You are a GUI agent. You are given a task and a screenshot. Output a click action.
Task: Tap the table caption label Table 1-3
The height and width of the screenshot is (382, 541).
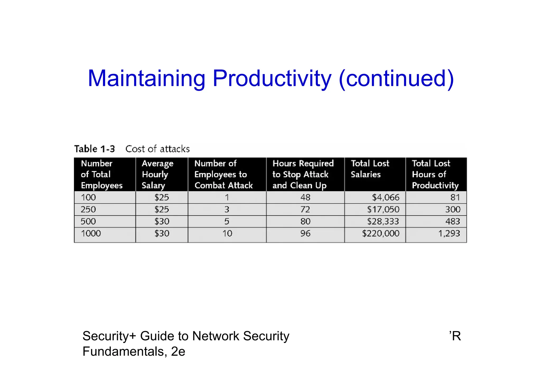click(x=95, y=149)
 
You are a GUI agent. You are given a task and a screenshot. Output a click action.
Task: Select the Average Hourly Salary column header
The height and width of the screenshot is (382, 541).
click(x=157, y=174)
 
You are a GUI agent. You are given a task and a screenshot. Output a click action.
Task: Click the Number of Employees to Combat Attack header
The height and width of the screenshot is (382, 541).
click(x=223, y=174)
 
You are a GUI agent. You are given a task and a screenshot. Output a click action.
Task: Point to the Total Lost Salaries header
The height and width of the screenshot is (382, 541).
click(x=370, y=169)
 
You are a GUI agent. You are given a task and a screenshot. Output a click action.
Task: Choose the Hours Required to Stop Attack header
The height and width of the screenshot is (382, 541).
click(x=303, y=174)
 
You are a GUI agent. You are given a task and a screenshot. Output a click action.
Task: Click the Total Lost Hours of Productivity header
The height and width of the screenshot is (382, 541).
click(x=435, y=174)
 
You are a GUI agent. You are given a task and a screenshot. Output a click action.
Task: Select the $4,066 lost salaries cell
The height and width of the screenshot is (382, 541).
click(x=386, y=197)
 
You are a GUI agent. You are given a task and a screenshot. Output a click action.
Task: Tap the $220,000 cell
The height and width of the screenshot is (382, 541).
click(x=381, y=234)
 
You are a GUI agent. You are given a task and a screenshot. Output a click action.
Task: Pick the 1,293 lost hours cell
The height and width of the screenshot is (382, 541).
click(x=449, y=234)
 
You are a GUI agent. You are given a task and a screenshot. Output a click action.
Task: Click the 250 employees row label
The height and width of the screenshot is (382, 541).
click(x=88, y=210)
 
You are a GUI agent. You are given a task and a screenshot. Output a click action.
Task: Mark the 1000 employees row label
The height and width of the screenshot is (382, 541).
click(x=91, y=234)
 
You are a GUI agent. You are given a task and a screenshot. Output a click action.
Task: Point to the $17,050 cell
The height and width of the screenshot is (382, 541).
click(x=383, y=210)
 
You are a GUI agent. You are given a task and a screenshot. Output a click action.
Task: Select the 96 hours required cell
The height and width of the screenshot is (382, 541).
click(x=305, y=234)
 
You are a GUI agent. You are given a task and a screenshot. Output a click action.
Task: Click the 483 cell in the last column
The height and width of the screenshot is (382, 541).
click(x=453, y=221)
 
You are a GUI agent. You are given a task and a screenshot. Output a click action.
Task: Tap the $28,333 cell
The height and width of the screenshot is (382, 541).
click(x=383, y=221)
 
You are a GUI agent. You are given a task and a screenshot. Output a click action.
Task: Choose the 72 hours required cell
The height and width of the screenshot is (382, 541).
click(x=305, y=210)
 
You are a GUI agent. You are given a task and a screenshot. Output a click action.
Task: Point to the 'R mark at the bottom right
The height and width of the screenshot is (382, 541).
click(x=455, y=336)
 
